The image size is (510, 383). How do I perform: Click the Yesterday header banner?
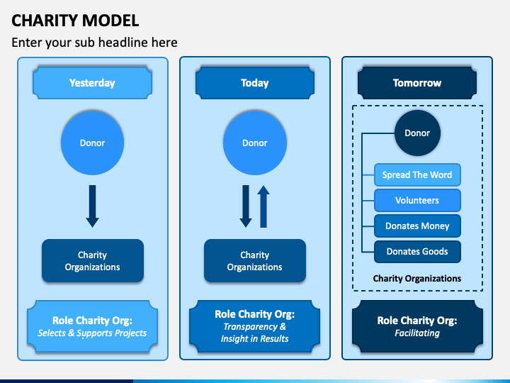tap(92, 83)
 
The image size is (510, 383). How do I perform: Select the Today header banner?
tap(255, 83)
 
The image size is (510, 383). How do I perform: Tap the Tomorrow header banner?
tap(417, 83)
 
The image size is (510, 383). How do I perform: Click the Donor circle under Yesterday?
tap(92, 143)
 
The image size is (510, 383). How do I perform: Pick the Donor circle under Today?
tap(255, 143)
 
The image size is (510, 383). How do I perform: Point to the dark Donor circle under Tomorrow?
tap(417, 133)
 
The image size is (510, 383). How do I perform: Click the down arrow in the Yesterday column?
tap(92, 206)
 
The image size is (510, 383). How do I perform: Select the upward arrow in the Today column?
tap(263, 206)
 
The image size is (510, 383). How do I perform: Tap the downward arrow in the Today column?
tap(246, 206)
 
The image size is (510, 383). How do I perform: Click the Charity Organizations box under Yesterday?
tap(93, 260)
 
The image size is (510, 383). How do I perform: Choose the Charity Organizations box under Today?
tap(255, 260)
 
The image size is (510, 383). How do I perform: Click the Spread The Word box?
tap(417, 175)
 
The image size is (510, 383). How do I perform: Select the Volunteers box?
tap(417, 200)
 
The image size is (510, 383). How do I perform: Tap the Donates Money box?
tap(417, 226)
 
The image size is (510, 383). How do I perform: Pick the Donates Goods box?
tap(417, 251)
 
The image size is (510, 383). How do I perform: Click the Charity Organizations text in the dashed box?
tap(417, 279)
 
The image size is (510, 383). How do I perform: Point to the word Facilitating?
tap(417, 333)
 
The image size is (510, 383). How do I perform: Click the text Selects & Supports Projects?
tap(92, 333)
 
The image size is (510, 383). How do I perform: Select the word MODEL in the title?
tap(110, 21)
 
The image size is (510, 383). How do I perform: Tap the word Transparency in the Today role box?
tap(250, 327)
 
